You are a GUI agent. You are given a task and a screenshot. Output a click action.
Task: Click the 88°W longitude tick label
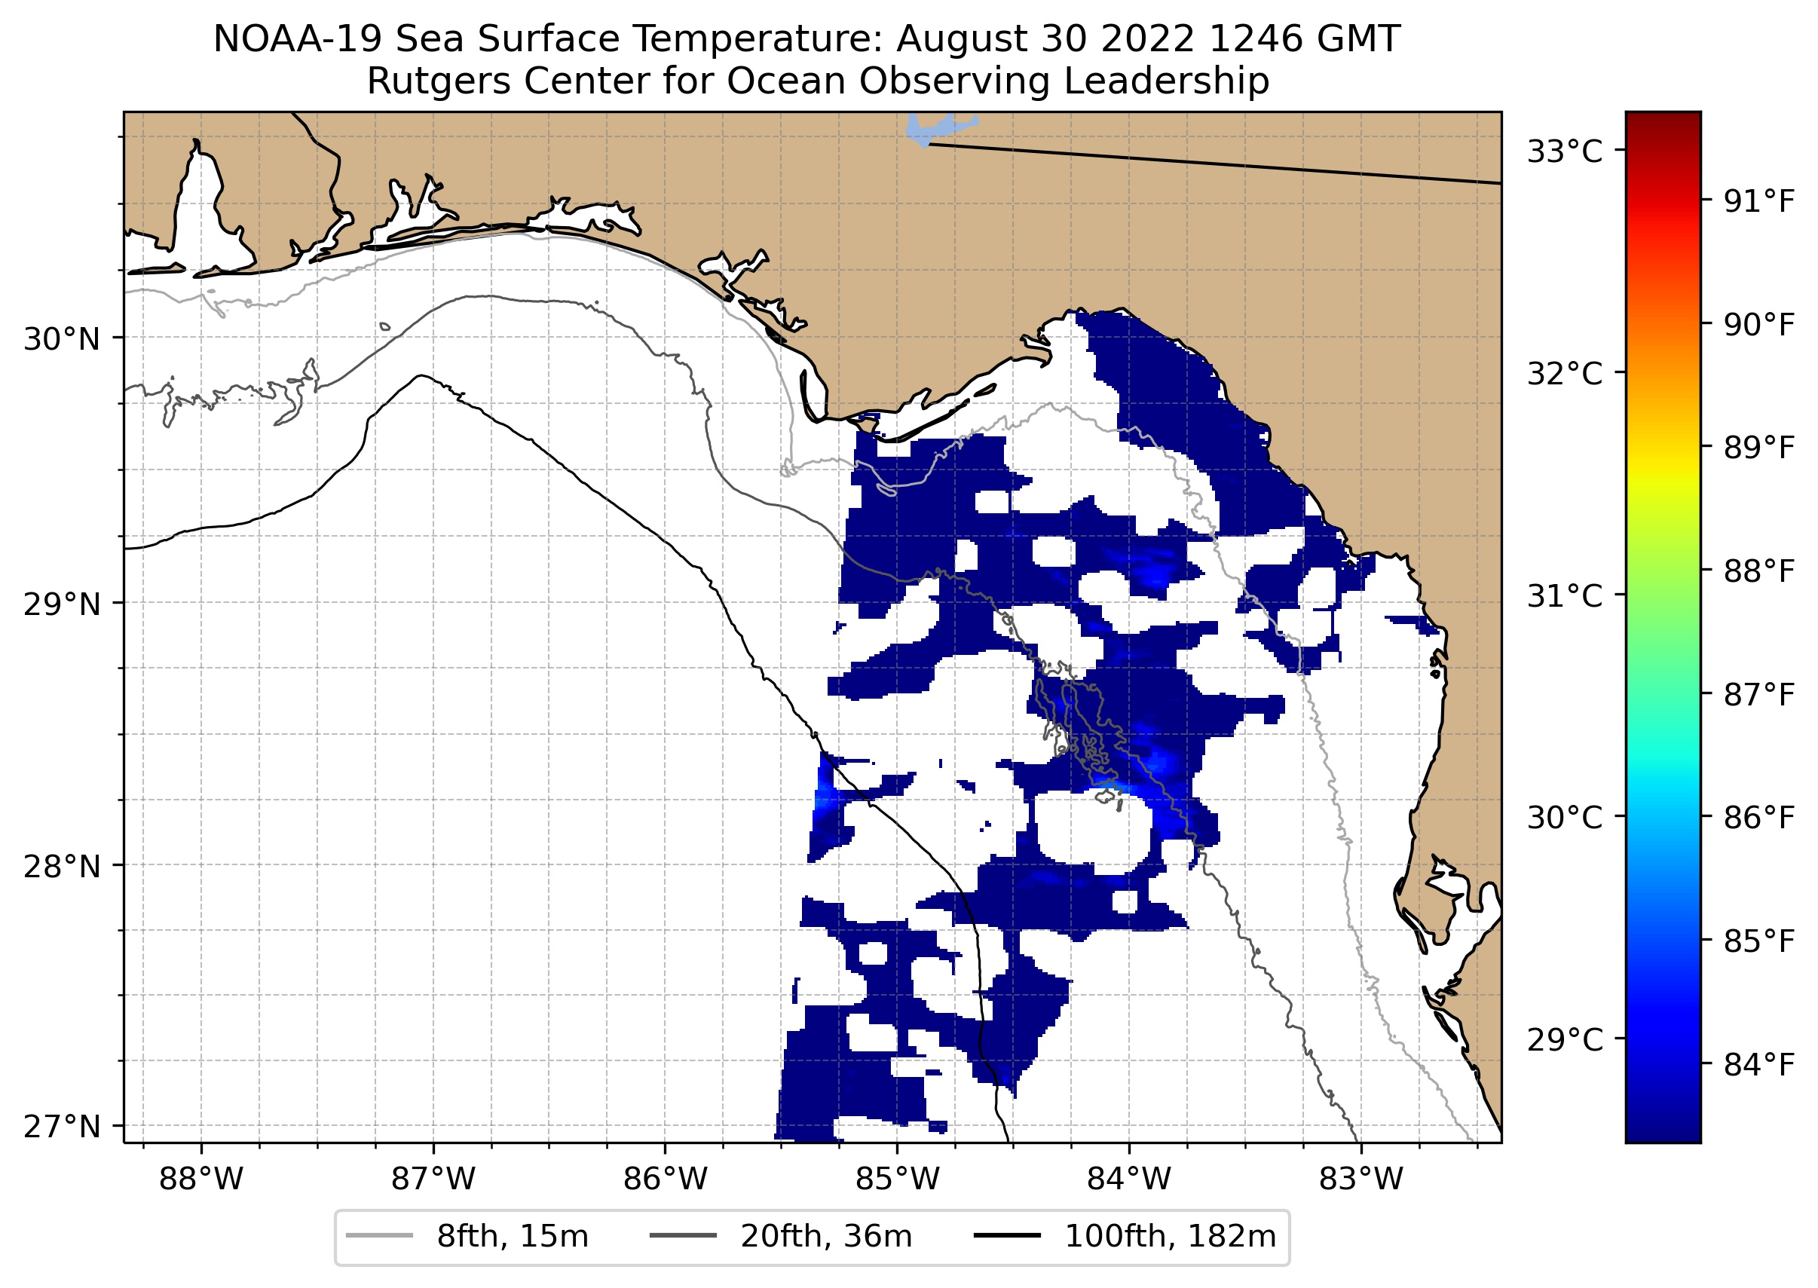click(x=200, y=1179)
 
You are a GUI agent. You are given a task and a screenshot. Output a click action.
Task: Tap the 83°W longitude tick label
click(x=1361, y=1179)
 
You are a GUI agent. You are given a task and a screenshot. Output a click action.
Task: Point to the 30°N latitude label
click(x=62, y=339)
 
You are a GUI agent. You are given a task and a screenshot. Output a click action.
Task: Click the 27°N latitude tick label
click(x=62, y=1126)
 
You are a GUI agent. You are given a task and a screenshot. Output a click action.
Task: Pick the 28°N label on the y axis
click(x=62, y=867)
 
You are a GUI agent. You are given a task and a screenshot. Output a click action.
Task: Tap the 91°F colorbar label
click(x=1758, y=201)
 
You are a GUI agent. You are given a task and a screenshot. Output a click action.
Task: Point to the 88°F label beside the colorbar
click(x=1758, y=571)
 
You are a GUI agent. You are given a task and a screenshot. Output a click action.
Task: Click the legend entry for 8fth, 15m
click(x=512, y=1237)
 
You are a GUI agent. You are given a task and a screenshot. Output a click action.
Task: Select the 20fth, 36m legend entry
click(x=826, y=1237)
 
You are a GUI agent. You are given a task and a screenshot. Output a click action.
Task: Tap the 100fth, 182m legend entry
click(x=1169, y=1237)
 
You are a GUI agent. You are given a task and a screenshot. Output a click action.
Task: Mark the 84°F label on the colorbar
click(x=1758, y=1064)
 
